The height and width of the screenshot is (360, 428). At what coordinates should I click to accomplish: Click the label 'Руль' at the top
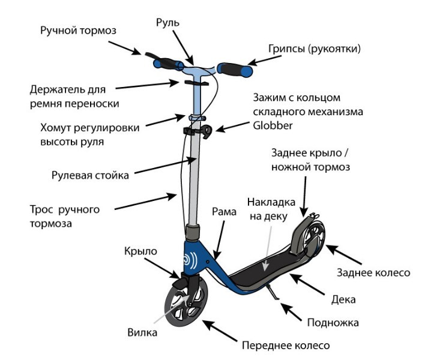coord(167,23)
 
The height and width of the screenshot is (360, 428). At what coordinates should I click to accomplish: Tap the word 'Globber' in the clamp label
coord(273,125)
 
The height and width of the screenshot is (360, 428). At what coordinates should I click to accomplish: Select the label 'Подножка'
coord(333,323)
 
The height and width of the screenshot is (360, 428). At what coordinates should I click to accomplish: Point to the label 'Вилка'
coord(142,332)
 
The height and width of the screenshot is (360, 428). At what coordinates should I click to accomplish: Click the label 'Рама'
coord(224,212)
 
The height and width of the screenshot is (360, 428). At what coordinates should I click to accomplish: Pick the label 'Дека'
coord(343,299)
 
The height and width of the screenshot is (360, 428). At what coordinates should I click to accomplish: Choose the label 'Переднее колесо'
coord(286,346)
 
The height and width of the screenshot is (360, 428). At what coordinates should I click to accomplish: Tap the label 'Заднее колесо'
coord(373,272)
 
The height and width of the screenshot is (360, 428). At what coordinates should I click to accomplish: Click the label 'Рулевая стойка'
coord(90,175)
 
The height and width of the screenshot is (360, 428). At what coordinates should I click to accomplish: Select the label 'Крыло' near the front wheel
coord(140,251)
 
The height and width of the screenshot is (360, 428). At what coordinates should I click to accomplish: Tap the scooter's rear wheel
coord(315,238)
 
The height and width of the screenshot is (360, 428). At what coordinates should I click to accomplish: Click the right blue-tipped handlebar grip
coord(235,70)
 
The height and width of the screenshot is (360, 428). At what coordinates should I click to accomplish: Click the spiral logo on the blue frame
coord(190,260)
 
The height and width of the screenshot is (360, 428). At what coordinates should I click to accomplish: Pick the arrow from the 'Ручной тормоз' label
coord(125,48)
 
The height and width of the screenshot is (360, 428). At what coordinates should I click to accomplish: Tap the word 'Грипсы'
coord(286,49)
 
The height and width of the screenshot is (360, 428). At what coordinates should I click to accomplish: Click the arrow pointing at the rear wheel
coord(343,254)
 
